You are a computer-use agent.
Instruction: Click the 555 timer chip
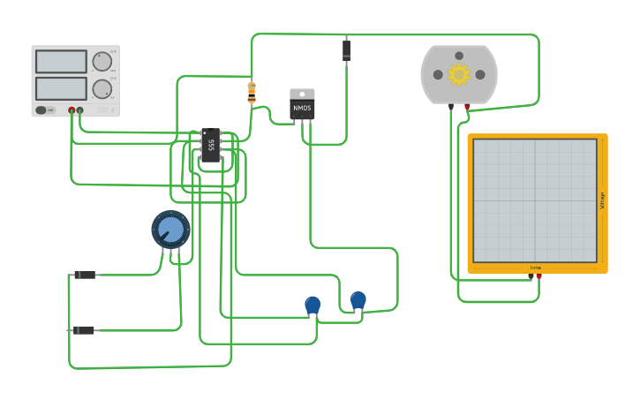tap(210, 145)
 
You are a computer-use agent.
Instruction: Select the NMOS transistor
tap(302, 105)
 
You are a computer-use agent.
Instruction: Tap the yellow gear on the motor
tap(459, 74)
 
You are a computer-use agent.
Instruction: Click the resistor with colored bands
tap(252, 92)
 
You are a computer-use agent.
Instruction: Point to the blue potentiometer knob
tap(170, 230)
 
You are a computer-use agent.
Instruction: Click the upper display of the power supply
tap(61, 62)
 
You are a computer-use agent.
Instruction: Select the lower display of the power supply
tap(61, 88)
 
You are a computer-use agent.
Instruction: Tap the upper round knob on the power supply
tap(102, 61)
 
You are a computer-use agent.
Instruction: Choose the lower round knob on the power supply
tap(102, 88)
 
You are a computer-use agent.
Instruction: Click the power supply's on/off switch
tap(45, 110)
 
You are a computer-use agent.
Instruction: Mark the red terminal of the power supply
tap(72, 110)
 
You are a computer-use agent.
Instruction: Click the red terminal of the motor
tap(467, 107)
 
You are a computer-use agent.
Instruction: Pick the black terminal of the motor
tap(451, 107)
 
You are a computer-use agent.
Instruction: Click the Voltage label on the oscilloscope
tap(602, 200)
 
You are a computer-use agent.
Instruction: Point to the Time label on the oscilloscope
tap(535, 268)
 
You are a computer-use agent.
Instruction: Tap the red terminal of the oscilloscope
tap(538, 276)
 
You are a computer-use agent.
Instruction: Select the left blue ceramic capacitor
tap(312, 306)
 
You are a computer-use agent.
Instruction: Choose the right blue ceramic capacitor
tap(358, 301)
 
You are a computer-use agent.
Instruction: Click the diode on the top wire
tap(346, 50)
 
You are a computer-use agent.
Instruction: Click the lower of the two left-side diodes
tap(84, 330)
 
